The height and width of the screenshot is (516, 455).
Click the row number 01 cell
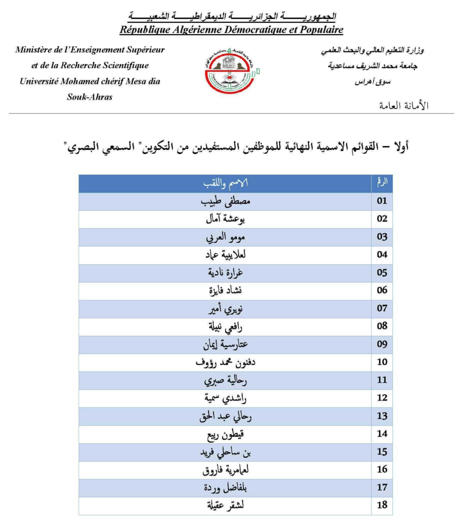pos(382,201)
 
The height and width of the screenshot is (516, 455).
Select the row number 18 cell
pos(382,505)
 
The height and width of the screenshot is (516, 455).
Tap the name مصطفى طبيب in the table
pos(225,201)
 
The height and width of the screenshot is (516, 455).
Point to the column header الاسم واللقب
pos(225,183)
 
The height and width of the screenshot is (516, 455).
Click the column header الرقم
pos(382,182)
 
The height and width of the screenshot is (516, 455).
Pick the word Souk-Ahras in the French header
pos(90,97)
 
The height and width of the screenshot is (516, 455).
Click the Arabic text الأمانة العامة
pos(404,106)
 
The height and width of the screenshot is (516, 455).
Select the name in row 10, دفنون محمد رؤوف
pos(225,362)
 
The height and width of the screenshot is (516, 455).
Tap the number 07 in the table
pos(382,308)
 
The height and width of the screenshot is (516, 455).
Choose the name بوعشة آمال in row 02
pos(225,219)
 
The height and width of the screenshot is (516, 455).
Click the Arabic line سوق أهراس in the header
pos(372,82)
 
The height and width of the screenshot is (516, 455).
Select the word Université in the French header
pos(38,81)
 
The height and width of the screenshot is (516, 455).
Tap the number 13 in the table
pos(382,416)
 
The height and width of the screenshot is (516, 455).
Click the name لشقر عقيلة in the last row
pos(225,505)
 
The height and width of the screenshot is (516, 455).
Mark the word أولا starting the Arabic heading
pos(400,146)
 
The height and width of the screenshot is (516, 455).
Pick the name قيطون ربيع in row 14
pos(225,434)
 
